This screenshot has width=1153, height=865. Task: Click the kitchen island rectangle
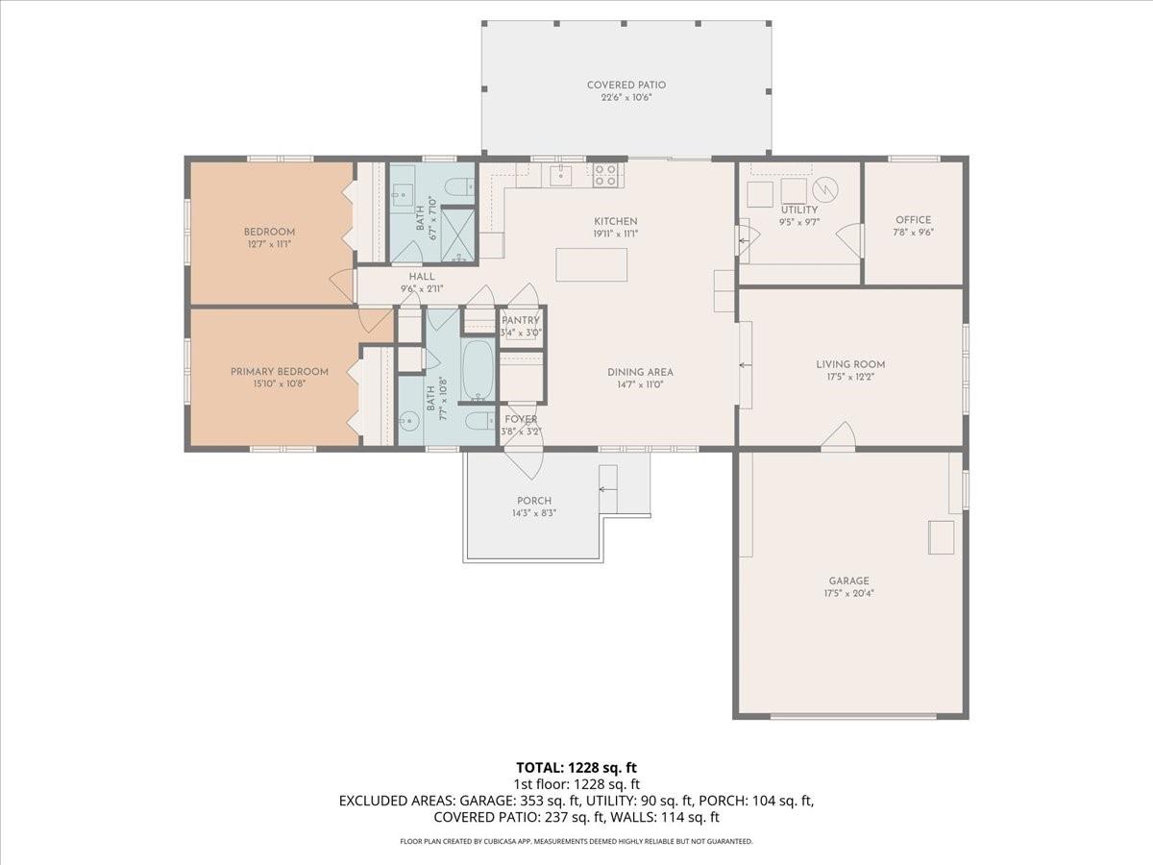[x=591, y=264]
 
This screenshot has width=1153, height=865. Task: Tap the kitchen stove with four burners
[x=605, y=174]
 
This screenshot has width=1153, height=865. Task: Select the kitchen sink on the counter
[x=560, y=174]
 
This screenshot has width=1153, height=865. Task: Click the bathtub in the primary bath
[x=478, y=371]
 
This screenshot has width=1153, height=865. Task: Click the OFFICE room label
[x=913, y=220]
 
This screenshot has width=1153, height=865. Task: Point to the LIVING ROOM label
[x=850, y=364]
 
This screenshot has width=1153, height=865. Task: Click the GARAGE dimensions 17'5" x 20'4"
[x=848, y=593]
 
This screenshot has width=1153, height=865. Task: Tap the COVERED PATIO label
[x=626, y=86]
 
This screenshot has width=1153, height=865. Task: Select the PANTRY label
[x=521, y=320]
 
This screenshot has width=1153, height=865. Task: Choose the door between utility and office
[x=850, y=240]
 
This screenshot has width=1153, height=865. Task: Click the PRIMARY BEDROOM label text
[x=279, y=372]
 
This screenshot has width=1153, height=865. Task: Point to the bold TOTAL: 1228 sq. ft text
[x=576, y=767]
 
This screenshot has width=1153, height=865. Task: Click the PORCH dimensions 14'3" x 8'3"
[x=534, y=513]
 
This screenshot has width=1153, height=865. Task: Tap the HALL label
[x=422, y=277]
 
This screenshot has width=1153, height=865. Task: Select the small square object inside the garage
[x=941, y=536]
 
